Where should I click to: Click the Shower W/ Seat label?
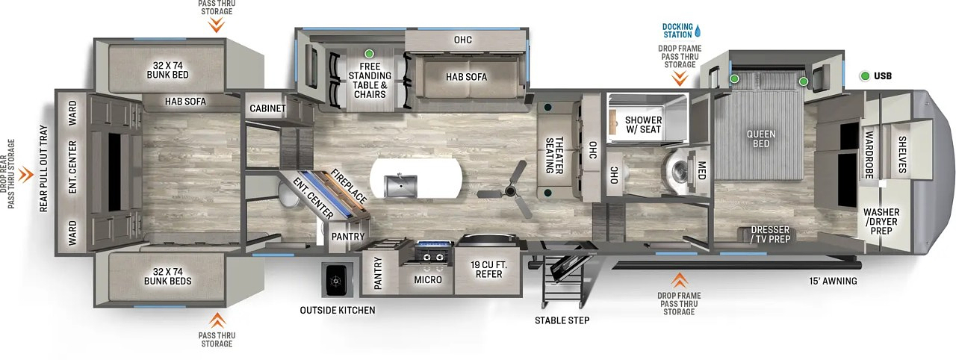pyautogui.click(x=643, y=124)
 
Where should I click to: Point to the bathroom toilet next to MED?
pyautogui.click(x=677, y=168)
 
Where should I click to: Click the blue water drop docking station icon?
pyautogui.click(x=697, y=31)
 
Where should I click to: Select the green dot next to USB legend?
pyautogui.click(x=864, y=75)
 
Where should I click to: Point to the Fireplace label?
pyautogui.click(x=350, y=186)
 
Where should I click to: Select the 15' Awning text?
pyautogui.click(x=833, y=282)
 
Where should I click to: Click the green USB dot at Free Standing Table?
pyautogui.click(x=368, y=54)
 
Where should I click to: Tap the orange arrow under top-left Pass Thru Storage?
pyautogui.click(x=216, y=25)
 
